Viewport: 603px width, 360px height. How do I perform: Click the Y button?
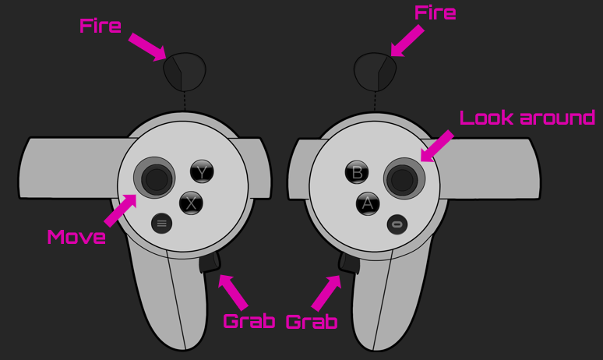pos(202,171)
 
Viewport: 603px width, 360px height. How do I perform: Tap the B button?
pos(357,172)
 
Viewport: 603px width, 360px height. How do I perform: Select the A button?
pos(368,203)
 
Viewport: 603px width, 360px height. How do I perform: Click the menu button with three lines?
pos(161,223)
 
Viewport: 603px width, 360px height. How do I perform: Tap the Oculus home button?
pos(397,224)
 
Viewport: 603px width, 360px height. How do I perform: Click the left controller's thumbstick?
pos(154,178)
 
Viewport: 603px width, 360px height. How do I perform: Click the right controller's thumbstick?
pos(404,178)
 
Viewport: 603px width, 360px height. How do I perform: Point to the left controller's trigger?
pos(185,72)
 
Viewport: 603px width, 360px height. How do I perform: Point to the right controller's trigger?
pos(375,72)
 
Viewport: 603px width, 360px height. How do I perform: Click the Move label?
pos(76,237)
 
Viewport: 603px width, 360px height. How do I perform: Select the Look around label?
pos(527,118)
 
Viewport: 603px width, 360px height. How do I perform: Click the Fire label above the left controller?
pos(100,26)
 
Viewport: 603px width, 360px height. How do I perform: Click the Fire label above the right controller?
pos(436,12)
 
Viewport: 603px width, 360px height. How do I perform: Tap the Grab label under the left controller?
pos(249,321)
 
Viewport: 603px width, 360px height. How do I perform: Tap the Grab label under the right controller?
pos(312,322)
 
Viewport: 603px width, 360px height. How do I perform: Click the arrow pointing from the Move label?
pos(121,210)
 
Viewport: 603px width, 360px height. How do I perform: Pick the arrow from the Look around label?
pos(437,146)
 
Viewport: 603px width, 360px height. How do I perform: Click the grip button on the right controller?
pos(349,263)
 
